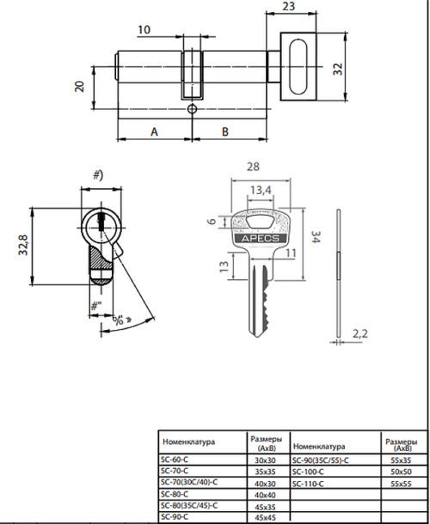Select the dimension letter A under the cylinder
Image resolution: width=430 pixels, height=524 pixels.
coord(154,131)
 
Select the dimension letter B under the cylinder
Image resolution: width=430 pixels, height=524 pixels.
coord(224,131)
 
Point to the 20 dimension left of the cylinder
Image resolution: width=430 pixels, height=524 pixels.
coord(80,85)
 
